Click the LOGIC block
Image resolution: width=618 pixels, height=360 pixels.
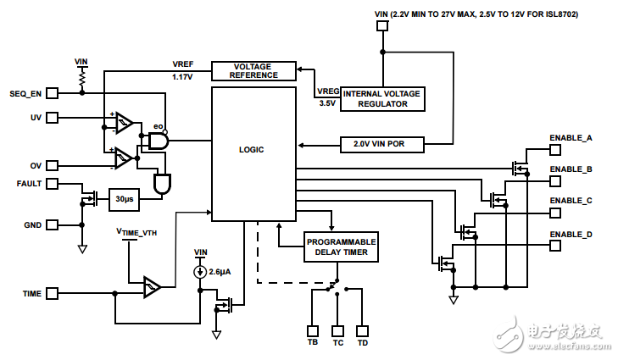point(253,150)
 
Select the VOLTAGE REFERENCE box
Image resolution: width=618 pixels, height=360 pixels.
point(255,70)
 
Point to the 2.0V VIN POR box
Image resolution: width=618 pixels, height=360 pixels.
point(384,144)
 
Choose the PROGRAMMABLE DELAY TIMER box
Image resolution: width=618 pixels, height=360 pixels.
point(341,246)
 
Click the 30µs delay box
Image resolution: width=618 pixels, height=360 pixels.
point(125,200)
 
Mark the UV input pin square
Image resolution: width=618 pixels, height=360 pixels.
point(52,118)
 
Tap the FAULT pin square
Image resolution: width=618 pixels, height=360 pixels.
point(52,183)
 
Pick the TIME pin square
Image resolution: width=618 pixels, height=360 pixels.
point(52,293)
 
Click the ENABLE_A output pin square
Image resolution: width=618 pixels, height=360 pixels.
point(555,150)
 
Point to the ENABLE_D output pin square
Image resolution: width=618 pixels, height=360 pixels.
point(555,246)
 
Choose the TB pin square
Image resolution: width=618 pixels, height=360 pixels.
point(312,330)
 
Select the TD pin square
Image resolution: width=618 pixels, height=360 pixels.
point(362,330)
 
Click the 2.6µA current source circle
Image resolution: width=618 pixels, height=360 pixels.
point(200,272)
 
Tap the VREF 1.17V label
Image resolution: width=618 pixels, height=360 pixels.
point(182,71)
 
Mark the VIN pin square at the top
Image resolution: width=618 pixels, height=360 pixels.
point(382,26)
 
